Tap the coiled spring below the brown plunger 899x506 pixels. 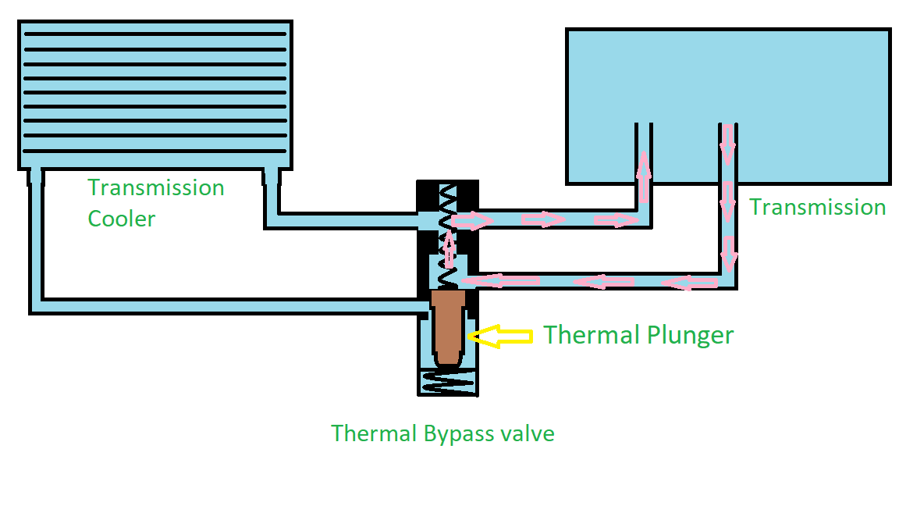pos(447,382)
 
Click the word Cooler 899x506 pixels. pos(122,218)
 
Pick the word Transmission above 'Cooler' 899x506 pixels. pos(156,188)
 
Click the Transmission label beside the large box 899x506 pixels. pos(817,207)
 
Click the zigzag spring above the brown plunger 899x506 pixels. pos(446,234)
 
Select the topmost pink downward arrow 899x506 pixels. pos(727,144)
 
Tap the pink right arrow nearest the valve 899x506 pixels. pos(473,221)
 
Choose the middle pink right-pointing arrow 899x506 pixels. pos(542,219)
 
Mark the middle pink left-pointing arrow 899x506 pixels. pos(605,281)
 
